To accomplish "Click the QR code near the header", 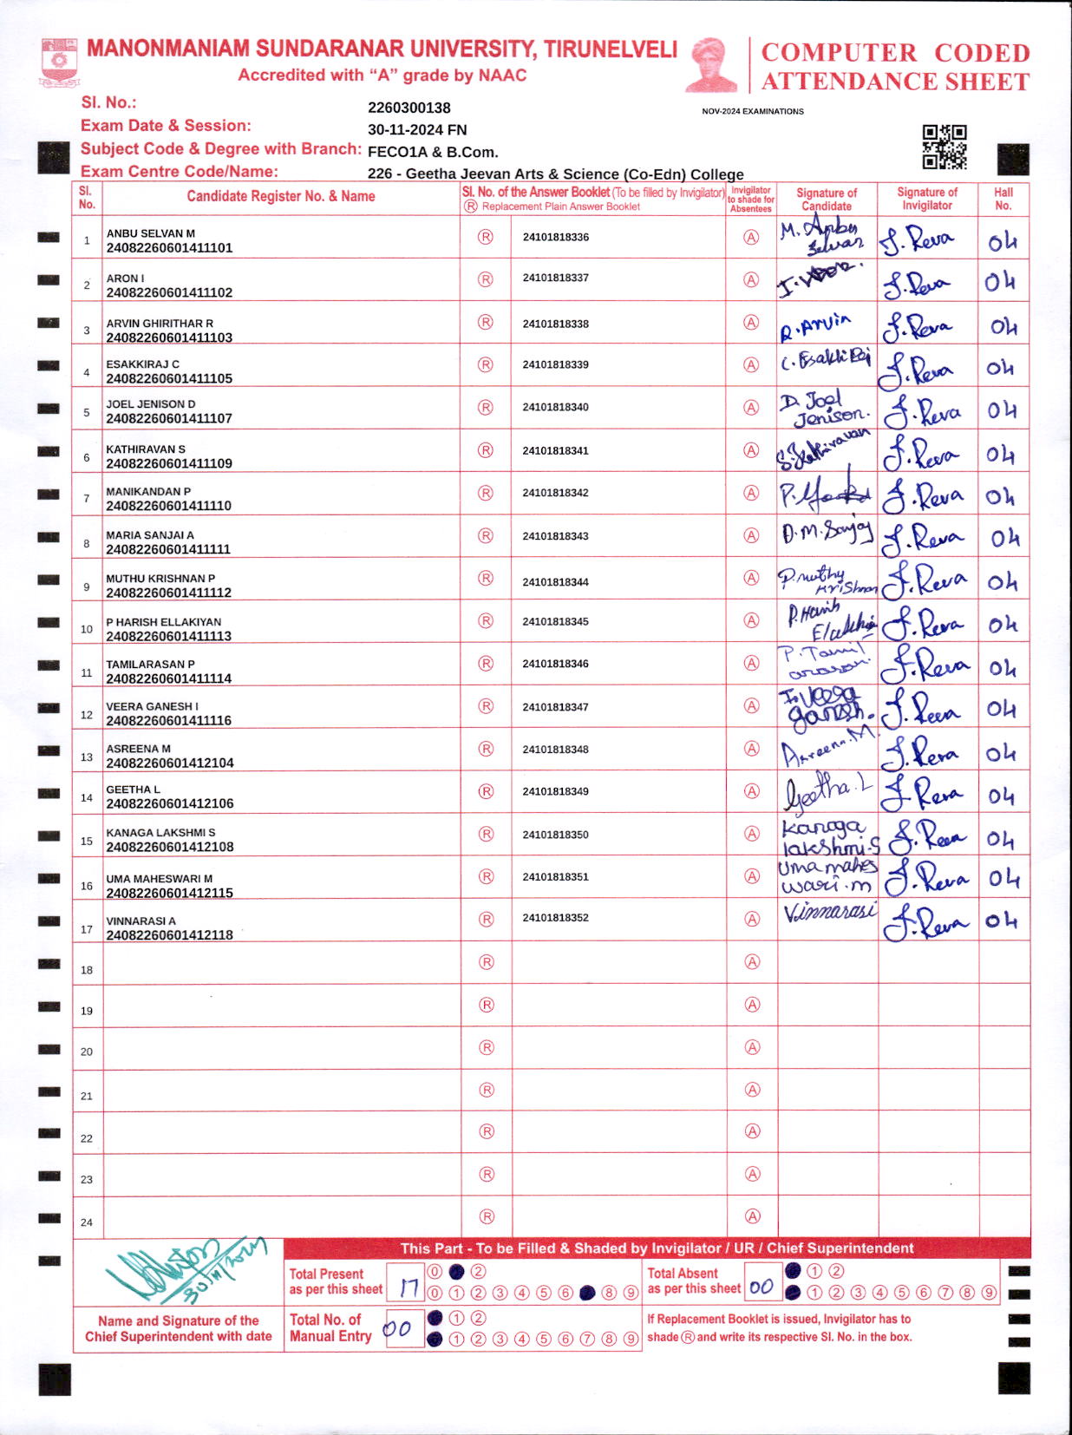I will (944, 147).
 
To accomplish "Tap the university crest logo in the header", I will (59, 62).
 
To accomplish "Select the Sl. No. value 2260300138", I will (409, 108).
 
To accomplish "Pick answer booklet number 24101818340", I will (555, 407).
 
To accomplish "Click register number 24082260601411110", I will (168, 506).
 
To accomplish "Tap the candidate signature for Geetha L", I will (827, 790).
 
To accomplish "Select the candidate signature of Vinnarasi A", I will (828, 913).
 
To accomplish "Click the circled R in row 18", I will (487, 962).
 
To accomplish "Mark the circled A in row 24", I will (752, 1217).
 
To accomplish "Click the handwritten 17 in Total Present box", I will (408, 1288).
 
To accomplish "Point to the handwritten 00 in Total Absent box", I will (762, 1288).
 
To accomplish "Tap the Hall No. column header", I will (1003, 199).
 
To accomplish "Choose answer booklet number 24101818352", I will (555, 918).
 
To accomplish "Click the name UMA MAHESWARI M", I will (159, 879).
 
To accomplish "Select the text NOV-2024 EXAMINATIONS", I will (753, 111).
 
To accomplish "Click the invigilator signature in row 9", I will (926, 580).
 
